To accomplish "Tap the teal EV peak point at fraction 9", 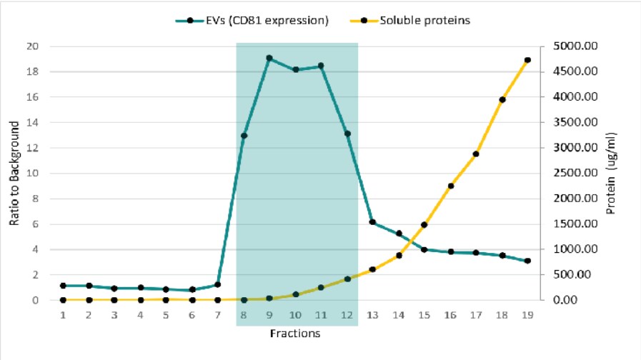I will click(x=269, y=58).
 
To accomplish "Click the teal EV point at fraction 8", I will click(x=244, y=136).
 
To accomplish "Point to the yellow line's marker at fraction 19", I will click(x=527, y=60).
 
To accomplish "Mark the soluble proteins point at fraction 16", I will click(x=450, y=186).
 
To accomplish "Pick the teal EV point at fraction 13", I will click(x=372, y=222).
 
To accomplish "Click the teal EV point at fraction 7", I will click(x=217, y=284).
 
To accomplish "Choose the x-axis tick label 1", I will click(x=63, y=314).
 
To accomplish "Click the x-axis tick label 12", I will click(x=347, y=314).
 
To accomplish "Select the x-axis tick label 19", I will click(x=527, y=314).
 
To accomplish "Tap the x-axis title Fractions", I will click(x=295, y=333).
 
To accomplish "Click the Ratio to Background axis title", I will click(x=14, y=174).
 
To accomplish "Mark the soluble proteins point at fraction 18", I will click(x=502, y=99).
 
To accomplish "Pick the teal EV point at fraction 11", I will click(x=321, y=66).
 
